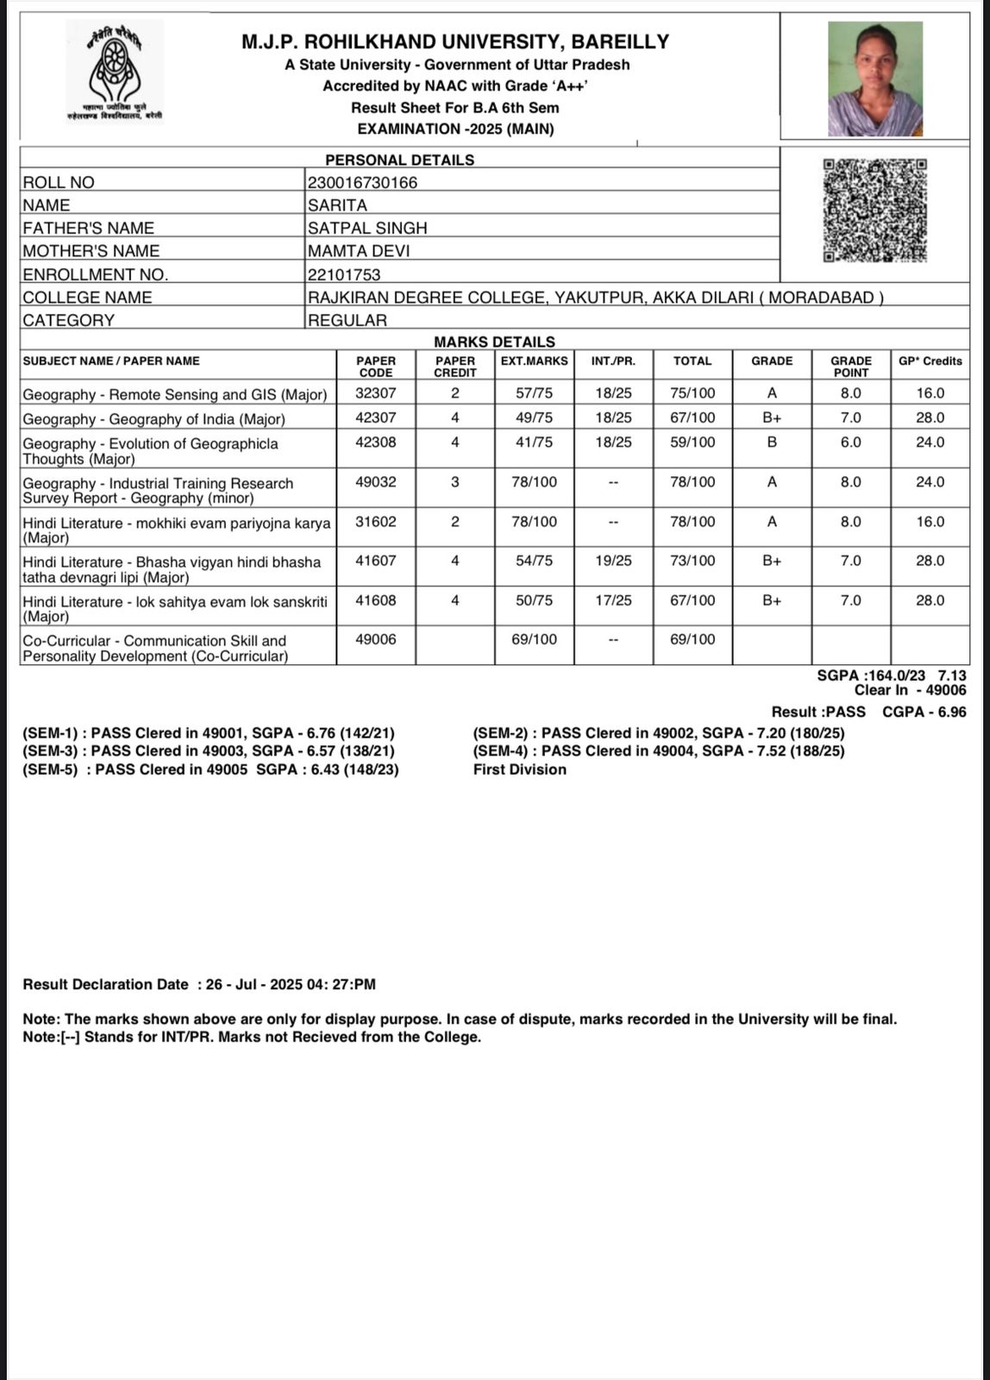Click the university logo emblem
click(115, 72)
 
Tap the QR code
click(874, 210)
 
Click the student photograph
click(874, 78)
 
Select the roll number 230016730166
click(362, 183)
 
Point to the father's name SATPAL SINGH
click(367, 229)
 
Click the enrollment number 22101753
click(344, 275)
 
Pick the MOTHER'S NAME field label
click(91, 251)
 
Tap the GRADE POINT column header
click(850, 367)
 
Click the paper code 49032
click(376, 482)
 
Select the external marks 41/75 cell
click(534, 442)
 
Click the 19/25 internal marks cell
click(613, 561)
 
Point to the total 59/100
click(692, 442)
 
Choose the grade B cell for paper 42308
click(772, 442)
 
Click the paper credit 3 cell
click(455, 482)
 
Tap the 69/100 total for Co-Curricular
click(692, 640)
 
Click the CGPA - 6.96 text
click(924, 712)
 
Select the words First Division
click(519, 769)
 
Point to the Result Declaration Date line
click(199, 985)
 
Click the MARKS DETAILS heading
click(494, 342)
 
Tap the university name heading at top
click(455, 41)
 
